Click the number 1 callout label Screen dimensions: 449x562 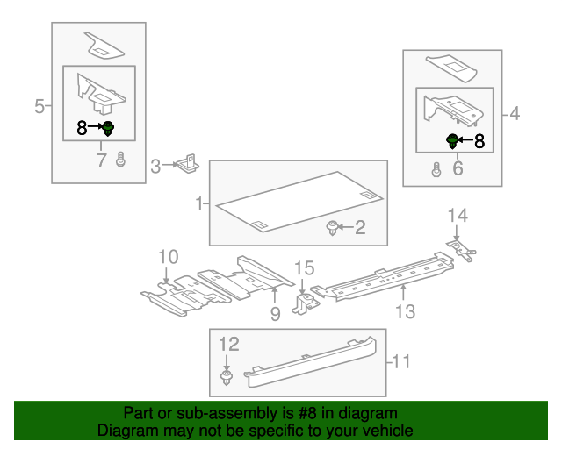tap(200, 204)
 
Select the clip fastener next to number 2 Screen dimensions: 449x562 tap(333, 229)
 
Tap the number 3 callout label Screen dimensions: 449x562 tap(155, 165)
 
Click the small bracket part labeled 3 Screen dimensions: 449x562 tap(187, 164)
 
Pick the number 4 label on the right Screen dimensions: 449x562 tap(515, 113)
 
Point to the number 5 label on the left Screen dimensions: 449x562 tap(40, 107)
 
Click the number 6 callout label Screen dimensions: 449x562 tap(458, 168)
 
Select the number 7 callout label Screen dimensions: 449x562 tap(101, 160)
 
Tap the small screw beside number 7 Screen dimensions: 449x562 tap(121, 160)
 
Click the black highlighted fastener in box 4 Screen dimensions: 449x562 tap(453, 139)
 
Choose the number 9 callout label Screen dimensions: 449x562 tap(275, 313)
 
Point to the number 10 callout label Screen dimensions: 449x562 tap(168, 257)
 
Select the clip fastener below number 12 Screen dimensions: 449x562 tap(227, 378)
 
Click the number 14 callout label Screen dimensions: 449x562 tap(458, 215)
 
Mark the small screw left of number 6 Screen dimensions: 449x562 tap(436, 170)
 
